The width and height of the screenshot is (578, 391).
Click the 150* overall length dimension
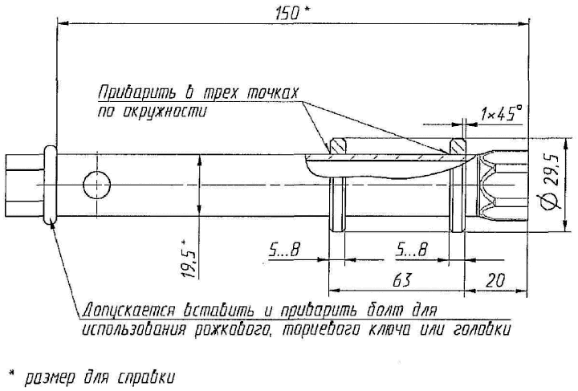point(292,14)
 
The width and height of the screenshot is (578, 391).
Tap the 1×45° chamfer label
point(501,113)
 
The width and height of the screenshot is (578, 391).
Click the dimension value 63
point(402,281)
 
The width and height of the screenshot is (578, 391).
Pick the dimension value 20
point(495,281)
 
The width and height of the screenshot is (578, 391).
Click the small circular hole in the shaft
point(97,185)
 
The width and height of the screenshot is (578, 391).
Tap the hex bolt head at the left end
point(24,185)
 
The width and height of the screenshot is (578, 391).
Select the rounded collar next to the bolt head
point(50,185)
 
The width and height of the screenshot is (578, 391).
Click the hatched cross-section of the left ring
point(338,146)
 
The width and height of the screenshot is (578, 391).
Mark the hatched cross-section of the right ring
point(457,146)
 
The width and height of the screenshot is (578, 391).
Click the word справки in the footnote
point(146,377)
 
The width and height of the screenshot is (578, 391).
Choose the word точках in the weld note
point(271,93)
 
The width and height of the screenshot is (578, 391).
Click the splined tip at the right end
point(503,185)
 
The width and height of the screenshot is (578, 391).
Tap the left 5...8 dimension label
point(283,251)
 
